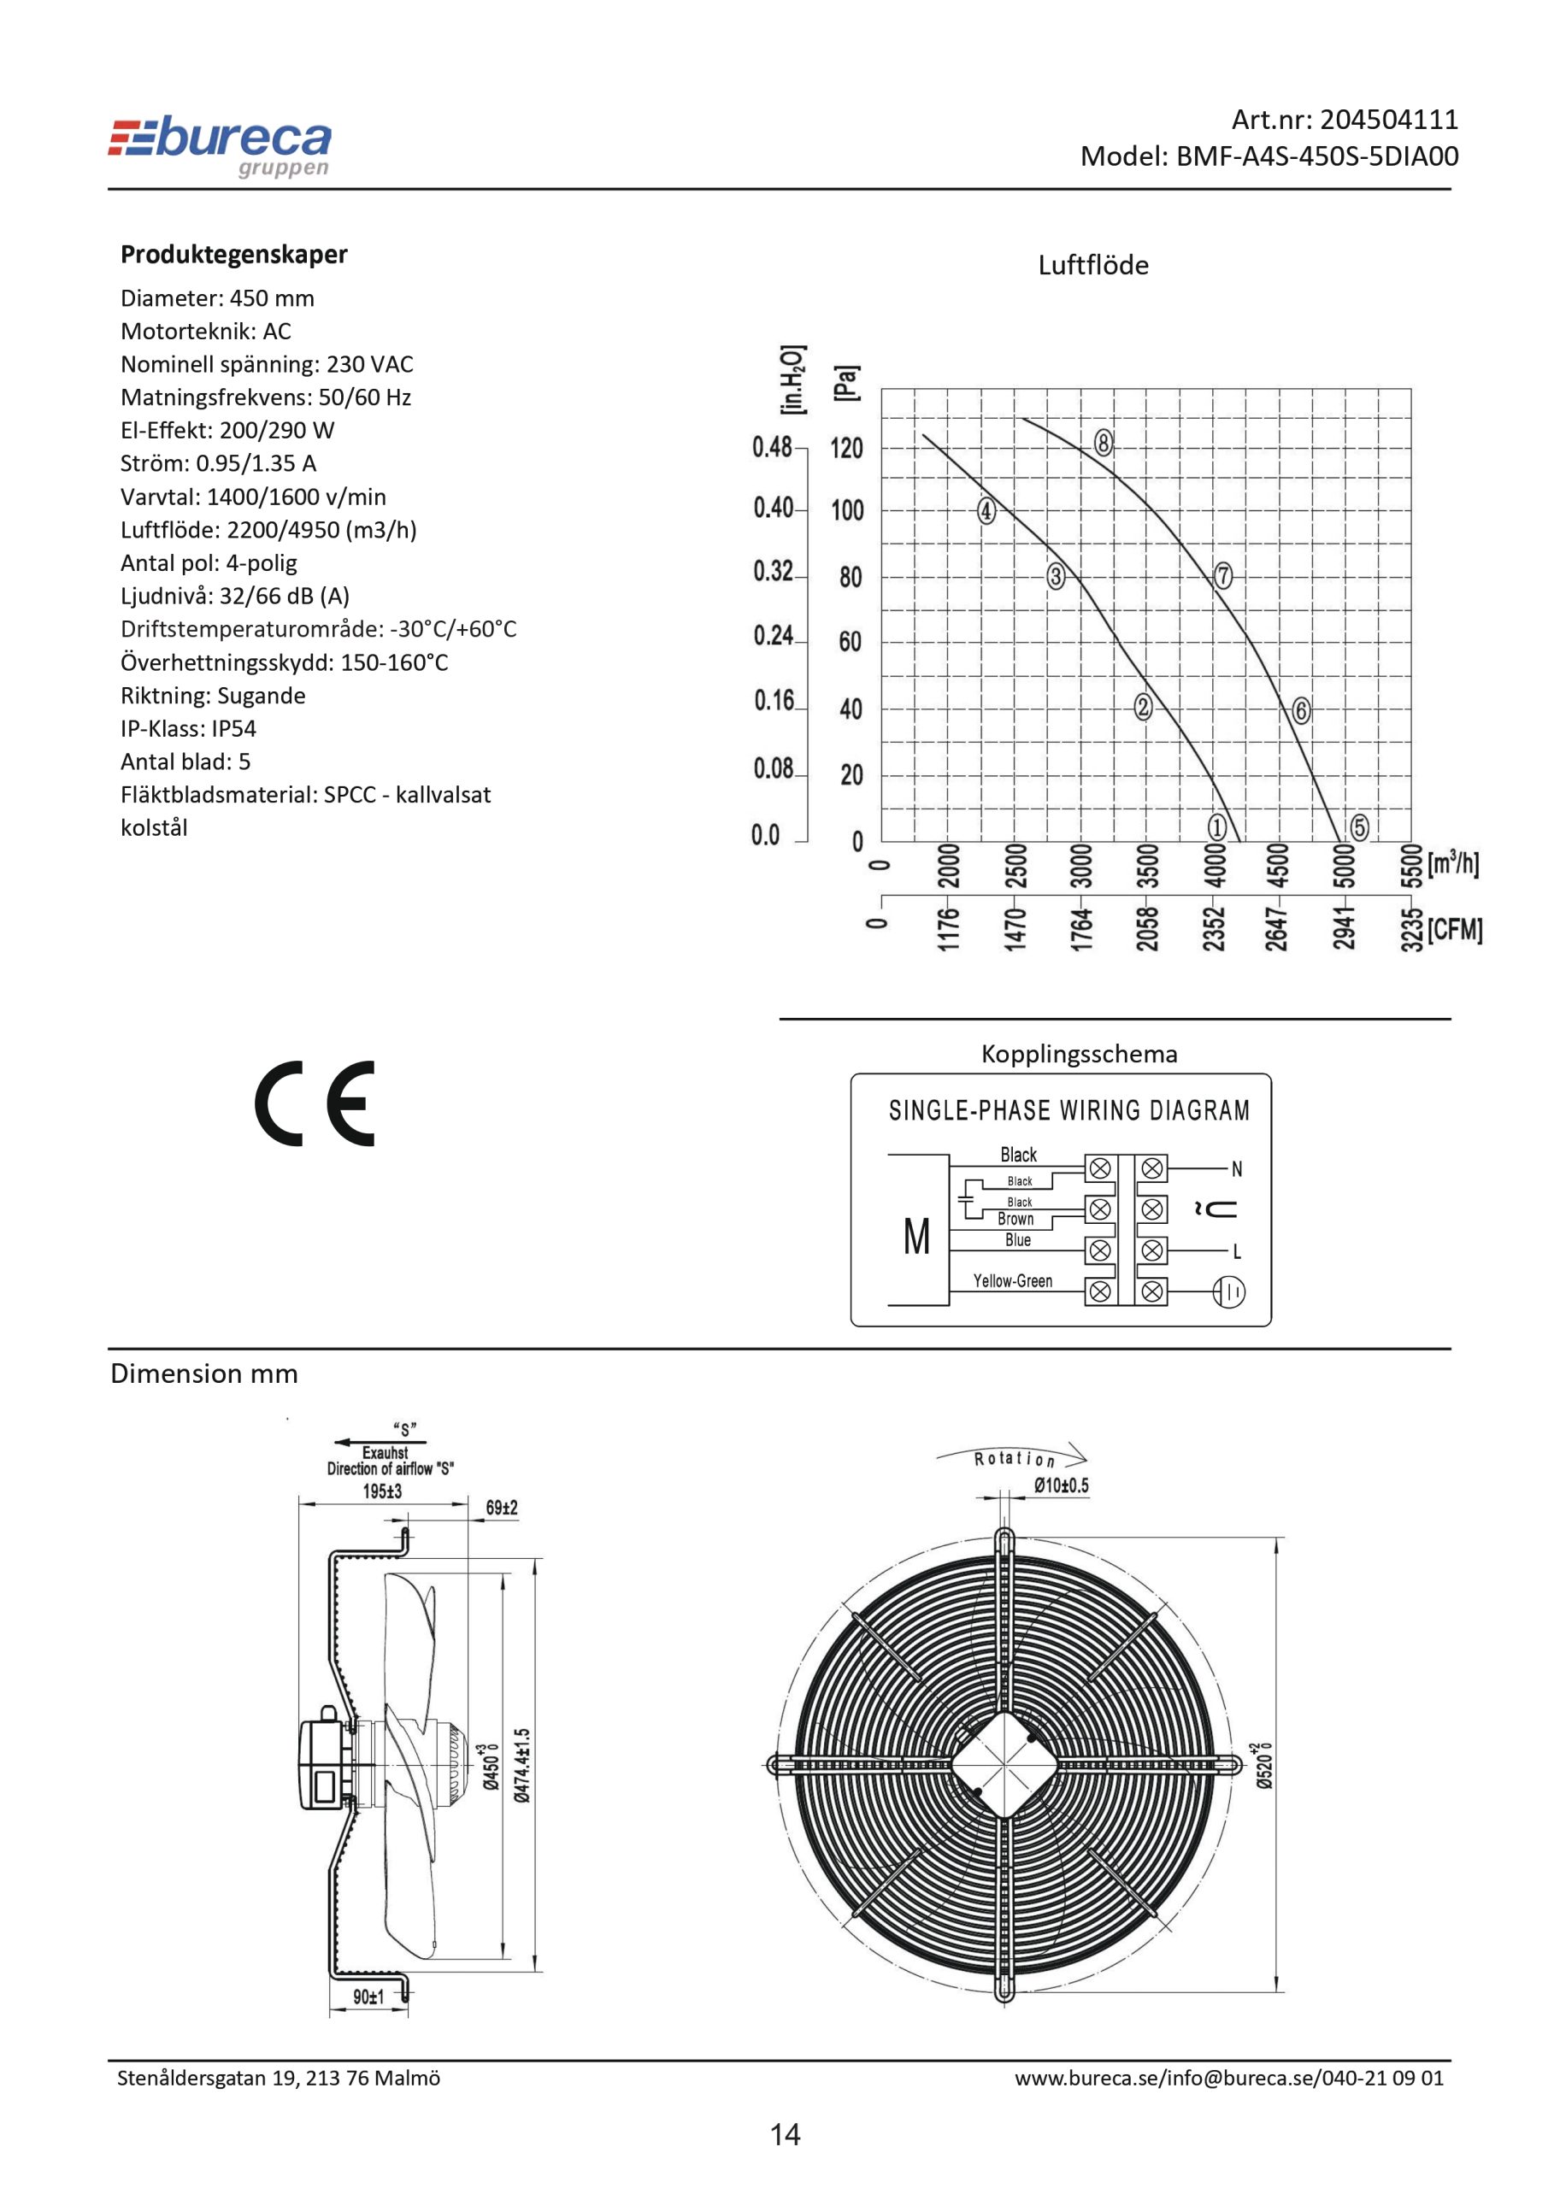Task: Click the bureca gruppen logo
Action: [220, 147]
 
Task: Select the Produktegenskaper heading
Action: [233, 255]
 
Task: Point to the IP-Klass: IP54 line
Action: [188, 728]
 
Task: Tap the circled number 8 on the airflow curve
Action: [1104, 443]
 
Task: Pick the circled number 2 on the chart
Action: [1143, 707]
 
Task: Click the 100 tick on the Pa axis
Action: [847, 510]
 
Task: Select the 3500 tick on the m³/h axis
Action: [1148, 867]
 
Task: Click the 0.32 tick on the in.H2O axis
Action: [774, 572]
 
